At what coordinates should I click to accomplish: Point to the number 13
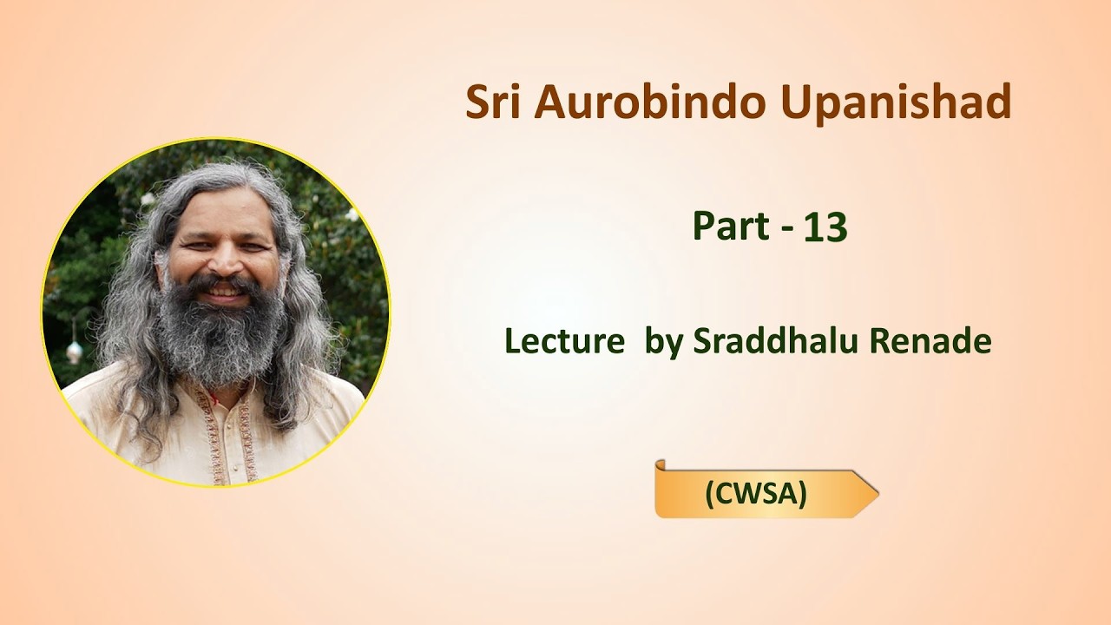click(825, 227)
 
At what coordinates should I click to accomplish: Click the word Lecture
click(564, 341)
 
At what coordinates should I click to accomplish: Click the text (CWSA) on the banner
click(756, 494)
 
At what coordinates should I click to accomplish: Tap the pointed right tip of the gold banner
click(878, 494)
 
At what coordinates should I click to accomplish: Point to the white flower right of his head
click(352, 214)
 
